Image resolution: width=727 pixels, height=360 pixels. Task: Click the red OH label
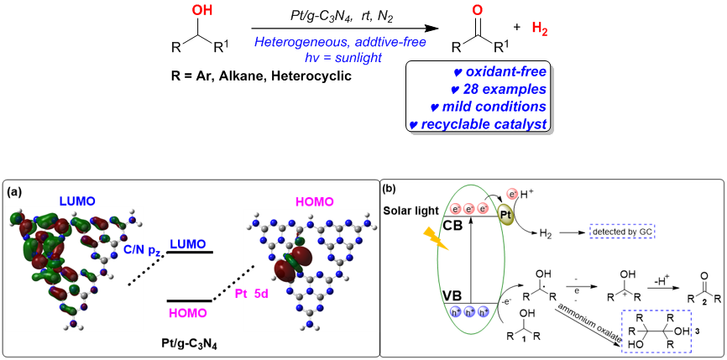(202, 10)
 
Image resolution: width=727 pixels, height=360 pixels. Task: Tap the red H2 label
(540, 29)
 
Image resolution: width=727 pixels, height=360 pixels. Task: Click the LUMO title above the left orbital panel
(77, 201)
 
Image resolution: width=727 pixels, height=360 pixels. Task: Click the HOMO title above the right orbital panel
(314, 201)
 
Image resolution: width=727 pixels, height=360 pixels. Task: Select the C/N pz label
(141, 250)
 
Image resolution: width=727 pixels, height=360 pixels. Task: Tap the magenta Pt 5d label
(251, 294)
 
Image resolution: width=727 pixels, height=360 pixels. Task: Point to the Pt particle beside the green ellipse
(505, 214)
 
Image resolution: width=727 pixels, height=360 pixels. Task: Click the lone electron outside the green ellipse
(512, 194)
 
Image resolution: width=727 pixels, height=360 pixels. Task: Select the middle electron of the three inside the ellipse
(469, 208)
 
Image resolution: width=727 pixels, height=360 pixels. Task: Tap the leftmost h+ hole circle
(455, 312)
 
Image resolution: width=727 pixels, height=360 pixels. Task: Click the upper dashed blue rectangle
(622, 231)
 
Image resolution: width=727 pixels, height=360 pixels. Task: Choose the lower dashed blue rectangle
(656, 331)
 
